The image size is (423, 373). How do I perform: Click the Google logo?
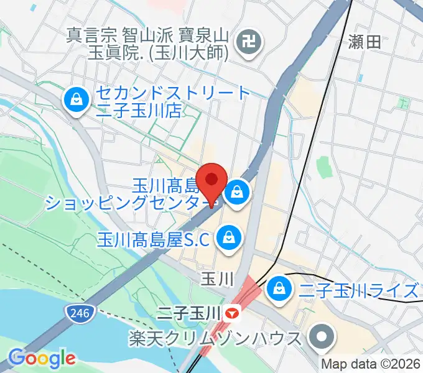[x=42, y=358]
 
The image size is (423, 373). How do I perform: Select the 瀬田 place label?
[x=365, y=43]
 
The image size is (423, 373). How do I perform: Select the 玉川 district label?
[x=216, y=280]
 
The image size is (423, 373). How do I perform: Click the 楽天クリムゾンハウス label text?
[x=216, y=339]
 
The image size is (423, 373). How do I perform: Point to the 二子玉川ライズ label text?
[x=358, y=290]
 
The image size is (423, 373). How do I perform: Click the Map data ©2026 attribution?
[x=370, y=364]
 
